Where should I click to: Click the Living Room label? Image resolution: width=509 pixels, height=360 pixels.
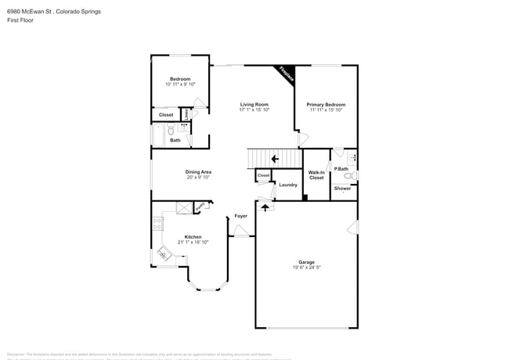(254, 104)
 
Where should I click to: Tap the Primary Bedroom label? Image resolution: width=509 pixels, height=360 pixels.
(326, 104)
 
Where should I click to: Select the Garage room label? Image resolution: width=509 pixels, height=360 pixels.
(305, 262)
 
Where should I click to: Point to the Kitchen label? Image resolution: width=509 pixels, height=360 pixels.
(193, 237)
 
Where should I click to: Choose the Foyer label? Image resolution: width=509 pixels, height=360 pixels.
(241, 215)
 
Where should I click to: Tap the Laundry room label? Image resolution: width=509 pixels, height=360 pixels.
(287, 185)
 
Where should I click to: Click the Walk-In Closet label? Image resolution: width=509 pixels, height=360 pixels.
(316, 175)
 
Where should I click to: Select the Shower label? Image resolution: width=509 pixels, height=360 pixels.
(343, 189)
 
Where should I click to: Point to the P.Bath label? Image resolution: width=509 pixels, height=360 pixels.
(341, 169)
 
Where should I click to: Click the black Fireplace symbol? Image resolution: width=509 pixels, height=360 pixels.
(286, 74)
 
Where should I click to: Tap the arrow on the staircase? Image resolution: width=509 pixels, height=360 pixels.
(274, 159)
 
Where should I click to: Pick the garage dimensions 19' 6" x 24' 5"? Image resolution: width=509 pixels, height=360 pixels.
(305, 268)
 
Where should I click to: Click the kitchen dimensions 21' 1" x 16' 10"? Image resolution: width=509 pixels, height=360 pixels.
(193, 243)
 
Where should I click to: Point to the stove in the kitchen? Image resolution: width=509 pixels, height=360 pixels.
(157, 222)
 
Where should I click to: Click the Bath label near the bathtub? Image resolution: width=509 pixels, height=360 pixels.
(175, 140)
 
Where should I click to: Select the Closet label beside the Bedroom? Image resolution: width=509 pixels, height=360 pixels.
(166, 115)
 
